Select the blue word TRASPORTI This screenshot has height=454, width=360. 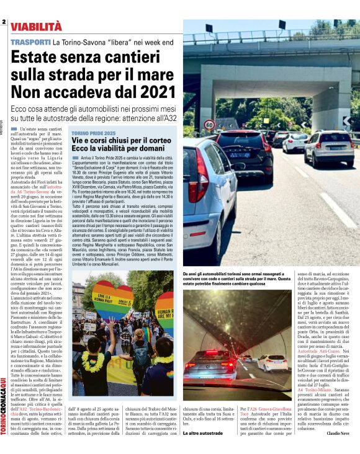coord(30,42)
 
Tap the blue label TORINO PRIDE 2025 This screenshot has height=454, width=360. coord(93,133)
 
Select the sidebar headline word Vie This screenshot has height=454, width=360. coord(79,141)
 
